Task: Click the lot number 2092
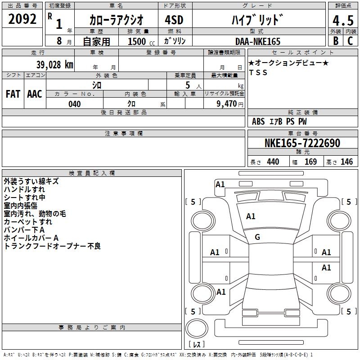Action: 22,19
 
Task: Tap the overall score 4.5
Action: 343,20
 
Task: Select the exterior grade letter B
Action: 336,41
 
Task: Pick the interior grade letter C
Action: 350,41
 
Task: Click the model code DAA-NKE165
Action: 258,41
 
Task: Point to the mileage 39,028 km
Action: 54,65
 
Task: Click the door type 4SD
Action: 174,20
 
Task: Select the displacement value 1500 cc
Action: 141,41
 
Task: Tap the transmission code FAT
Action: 13,94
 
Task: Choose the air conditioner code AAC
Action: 35,94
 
